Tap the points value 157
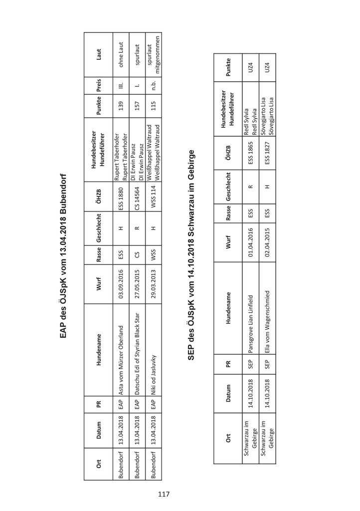(x=137, y=109)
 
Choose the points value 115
(x=154, y=109)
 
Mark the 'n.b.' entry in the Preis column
(x=154, y=85)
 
